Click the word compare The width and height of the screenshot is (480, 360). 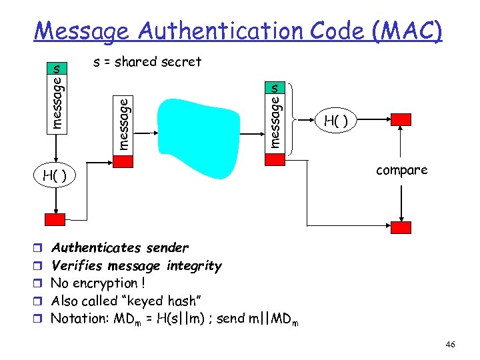pyautogui.click(x=401, y=171)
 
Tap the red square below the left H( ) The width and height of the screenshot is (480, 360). pyautogui.click(x=55, y=219)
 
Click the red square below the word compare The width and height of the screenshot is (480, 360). pyautogui.click(x=401, y=227)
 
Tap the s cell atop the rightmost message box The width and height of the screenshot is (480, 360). pyautogui.click(x=275, y=87)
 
